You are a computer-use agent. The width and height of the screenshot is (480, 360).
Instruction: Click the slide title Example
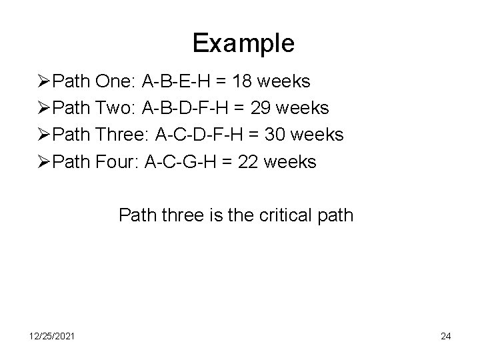(243, 44)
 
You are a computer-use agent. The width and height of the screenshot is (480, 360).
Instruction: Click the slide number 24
(445, 336)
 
